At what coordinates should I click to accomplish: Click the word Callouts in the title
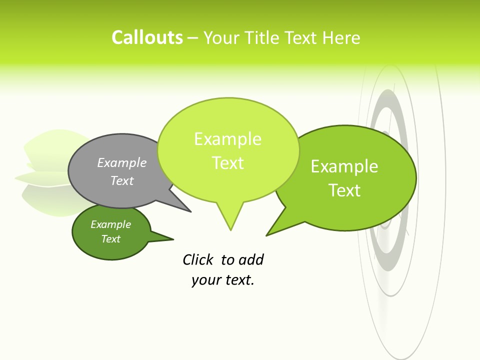coord(147,38)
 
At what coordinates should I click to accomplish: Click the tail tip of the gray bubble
coord(190,211)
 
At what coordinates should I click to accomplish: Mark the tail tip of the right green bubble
coord(267,235)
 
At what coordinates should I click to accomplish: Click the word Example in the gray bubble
coord(122,163)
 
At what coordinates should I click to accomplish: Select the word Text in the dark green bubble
coord(111,239)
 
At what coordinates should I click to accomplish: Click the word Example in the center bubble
coord(227,139)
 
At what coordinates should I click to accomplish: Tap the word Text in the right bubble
coord(344,190)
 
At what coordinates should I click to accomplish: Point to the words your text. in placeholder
coord(223,280)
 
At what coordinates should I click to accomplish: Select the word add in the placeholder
coord(251,260)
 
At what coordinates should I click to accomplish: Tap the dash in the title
coord(193,38)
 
